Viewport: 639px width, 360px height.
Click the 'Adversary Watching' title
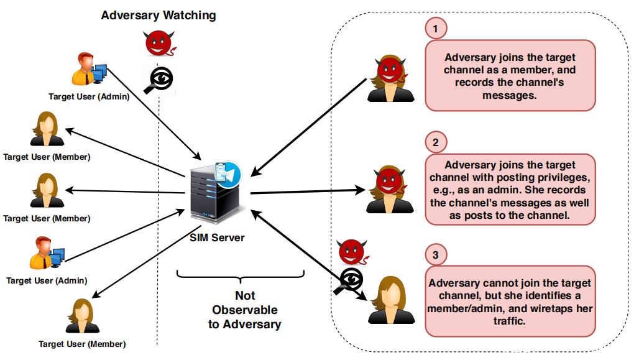[159, 15]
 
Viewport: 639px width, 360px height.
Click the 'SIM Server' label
[218, 238]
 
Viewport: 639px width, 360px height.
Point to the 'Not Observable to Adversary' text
[245, 310]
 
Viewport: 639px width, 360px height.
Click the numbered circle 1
[436, 28]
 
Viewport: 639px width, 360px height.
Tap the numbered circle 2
[436, 142]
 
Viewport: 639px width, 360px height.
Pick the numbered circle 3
[436, 255]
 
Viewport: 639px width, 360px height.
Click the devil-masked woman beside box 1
[390, 78]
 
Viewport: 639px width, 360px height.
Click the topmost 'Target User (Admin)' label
[89, 96]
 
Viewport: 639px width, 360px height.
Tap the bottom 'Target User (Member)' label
[82, 344]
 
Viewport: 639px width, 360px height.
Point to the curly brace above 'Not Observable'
[241, 275]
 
